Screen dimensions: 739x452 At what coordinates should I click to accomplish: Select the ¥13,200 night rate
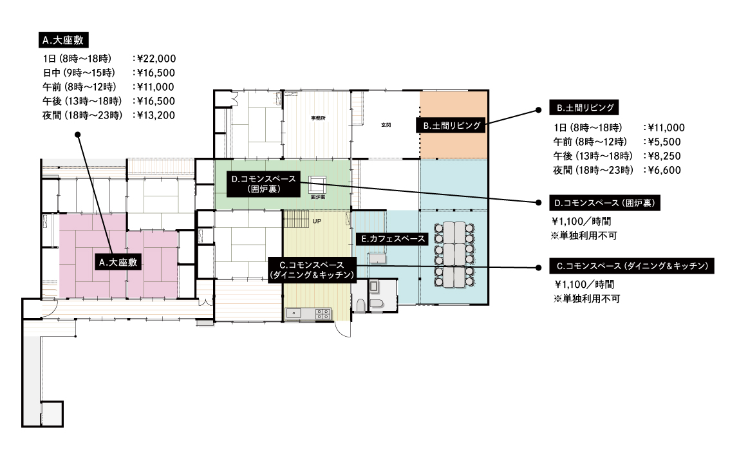[156, 115]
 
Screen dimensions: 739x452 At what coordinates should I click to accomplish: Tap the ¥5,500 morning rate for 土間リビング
[664, 142]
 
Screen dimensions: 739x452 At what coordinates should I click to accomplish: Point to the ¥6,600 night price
[664, 170]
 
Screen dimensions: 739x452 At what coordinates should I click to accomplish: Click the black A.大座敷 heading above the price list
[63, 40]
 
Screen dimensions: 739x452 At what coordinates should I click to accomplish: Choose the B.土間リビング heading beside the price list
[584, 108]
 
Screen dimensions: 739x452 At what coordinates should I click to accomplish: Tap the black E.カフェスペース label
[393, 239]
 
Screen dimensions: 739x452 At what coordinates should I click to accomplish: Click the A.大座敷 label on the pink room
[118, 262]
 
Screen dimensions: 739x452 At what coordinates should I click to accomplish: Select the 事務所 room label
[318, 118]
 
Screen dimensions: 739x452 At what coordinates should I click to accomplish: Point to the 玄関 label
[386, 125]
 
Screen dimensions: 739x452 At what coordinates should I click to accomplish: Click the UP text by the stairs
[317, 221]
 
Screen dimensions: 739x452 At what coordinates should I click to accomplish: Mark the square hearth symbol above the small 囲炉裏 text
[317, 185]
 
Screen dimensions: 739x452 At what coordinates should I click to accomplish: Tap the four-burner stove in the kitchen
[323, 314]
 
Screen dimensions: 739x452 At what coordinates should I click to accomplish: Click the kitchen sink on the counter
[293, 314]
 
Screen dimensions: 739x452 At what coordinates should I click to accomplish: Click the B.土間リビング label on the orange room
[451, 126]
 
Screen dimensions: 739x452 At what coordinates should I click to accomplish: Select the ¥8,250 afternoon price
[664, 156]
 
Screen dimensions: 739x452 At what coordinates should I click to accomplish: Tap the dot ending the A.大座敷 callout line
[78, 135]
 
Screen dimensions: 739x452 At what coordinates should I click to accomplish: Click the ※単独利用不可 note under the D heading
[584, 236]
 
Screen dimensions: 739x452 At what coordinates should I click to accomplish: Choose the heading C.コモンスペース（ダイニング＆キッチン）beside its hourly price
[632, 267]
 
